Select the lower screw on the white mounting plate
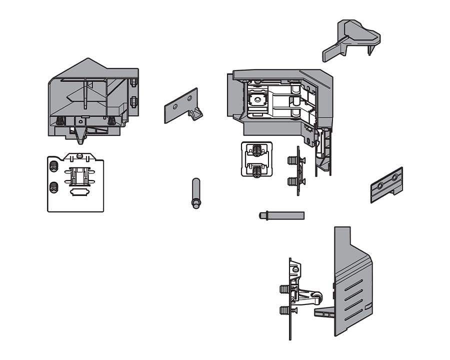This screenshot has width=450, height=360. point(54,188)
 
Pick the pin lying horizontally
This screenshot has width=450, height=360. point(281,215)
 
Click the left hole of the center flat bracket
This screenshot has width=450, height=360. point(174,106)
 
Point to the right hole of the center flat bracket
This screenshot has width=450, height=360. point(190,98)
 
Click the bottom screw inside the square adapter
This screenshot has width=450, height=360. point(256,171)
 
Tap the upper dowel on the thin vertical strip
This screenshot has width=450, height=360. point(292,160)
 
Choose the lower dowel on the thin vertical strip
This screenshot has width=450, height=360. point(292,181)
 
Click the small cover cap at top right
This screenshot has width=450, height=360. point(351,39)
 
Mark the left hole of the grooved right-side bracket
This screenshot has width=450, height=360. point(380,185)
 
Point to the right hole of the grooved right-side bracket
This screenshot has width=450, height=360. point(394,177)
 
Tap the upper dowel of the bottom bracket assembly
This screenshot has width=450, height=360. point(284,289)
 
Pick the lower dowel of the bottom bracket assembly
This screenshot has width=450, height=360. point(284,310)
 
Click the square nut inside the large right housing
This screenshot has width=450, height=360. point(257,99)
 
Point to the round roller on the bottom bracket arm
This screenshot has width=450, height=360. point(316,299)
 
